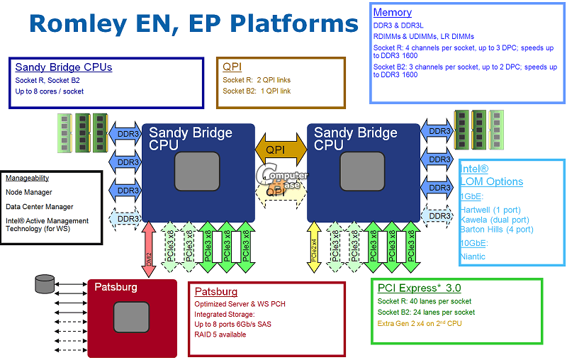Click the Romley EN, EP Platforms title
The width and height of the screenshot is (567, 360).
[193, 23]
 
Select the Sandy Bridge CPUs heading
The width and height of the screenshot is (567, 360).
[64, 67]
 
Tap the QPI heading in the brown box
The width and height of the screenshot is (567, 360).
[232, 67]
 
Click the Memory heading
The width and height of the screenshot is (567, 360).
[392, 13]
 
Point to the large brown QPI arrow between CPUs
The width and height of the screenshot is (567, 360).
[281, 150]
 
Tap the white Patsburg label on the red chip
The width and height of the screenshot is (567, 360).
[116, 288]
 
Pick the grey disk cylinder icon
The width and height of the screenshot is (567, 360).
[44, 286]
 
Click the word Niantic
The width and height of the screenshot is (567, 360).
[473, 256]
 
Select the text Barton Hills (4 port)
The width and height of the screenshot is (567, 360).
[496, 229]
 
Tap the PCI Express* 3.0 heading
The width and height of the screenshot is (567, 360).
[419, 288]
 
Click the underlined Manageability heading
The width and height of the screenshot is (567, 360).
[28, 179]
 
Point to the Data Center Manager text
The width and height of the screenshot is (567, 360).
[40, 207]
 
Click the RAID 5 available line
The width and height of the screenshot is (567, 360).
[220, 334]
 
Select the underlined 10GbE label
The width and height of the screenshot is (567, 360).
[473, 243]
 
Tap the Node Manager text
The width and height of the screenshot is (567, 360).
[29, 192]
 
